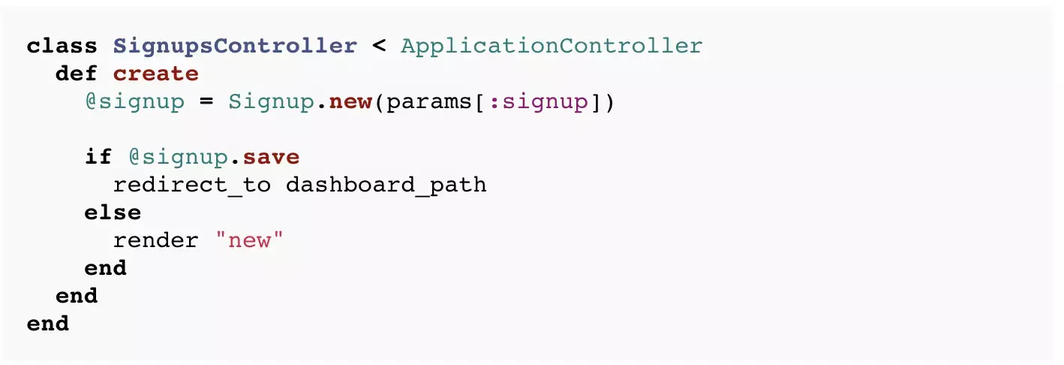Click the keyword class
(x=62, y=46)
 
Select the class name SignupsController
(x=235, y=46)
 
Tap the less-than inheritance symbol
(x=379, y=46)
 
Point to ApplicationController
(x=552, y=46)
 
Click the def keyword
(x=77, y=74)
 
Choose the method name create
(x=156, y=74)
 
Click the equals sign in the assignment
(x=206, y=101)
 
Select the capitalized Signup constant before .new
(x=270, y=101)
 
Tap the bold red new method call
(x=350, y=101)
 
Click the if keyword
(x=98, y=157)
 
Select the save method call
(x=271, y=157)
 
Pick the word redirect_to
(x=191, y=185)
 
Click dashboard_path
(x=386, y=185)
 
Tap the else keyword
(x=113, y=213)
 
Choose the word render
(x=156, y=240)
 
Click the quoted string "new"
(x=249, y=240)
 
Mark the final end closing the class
(x=48, y=324)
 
